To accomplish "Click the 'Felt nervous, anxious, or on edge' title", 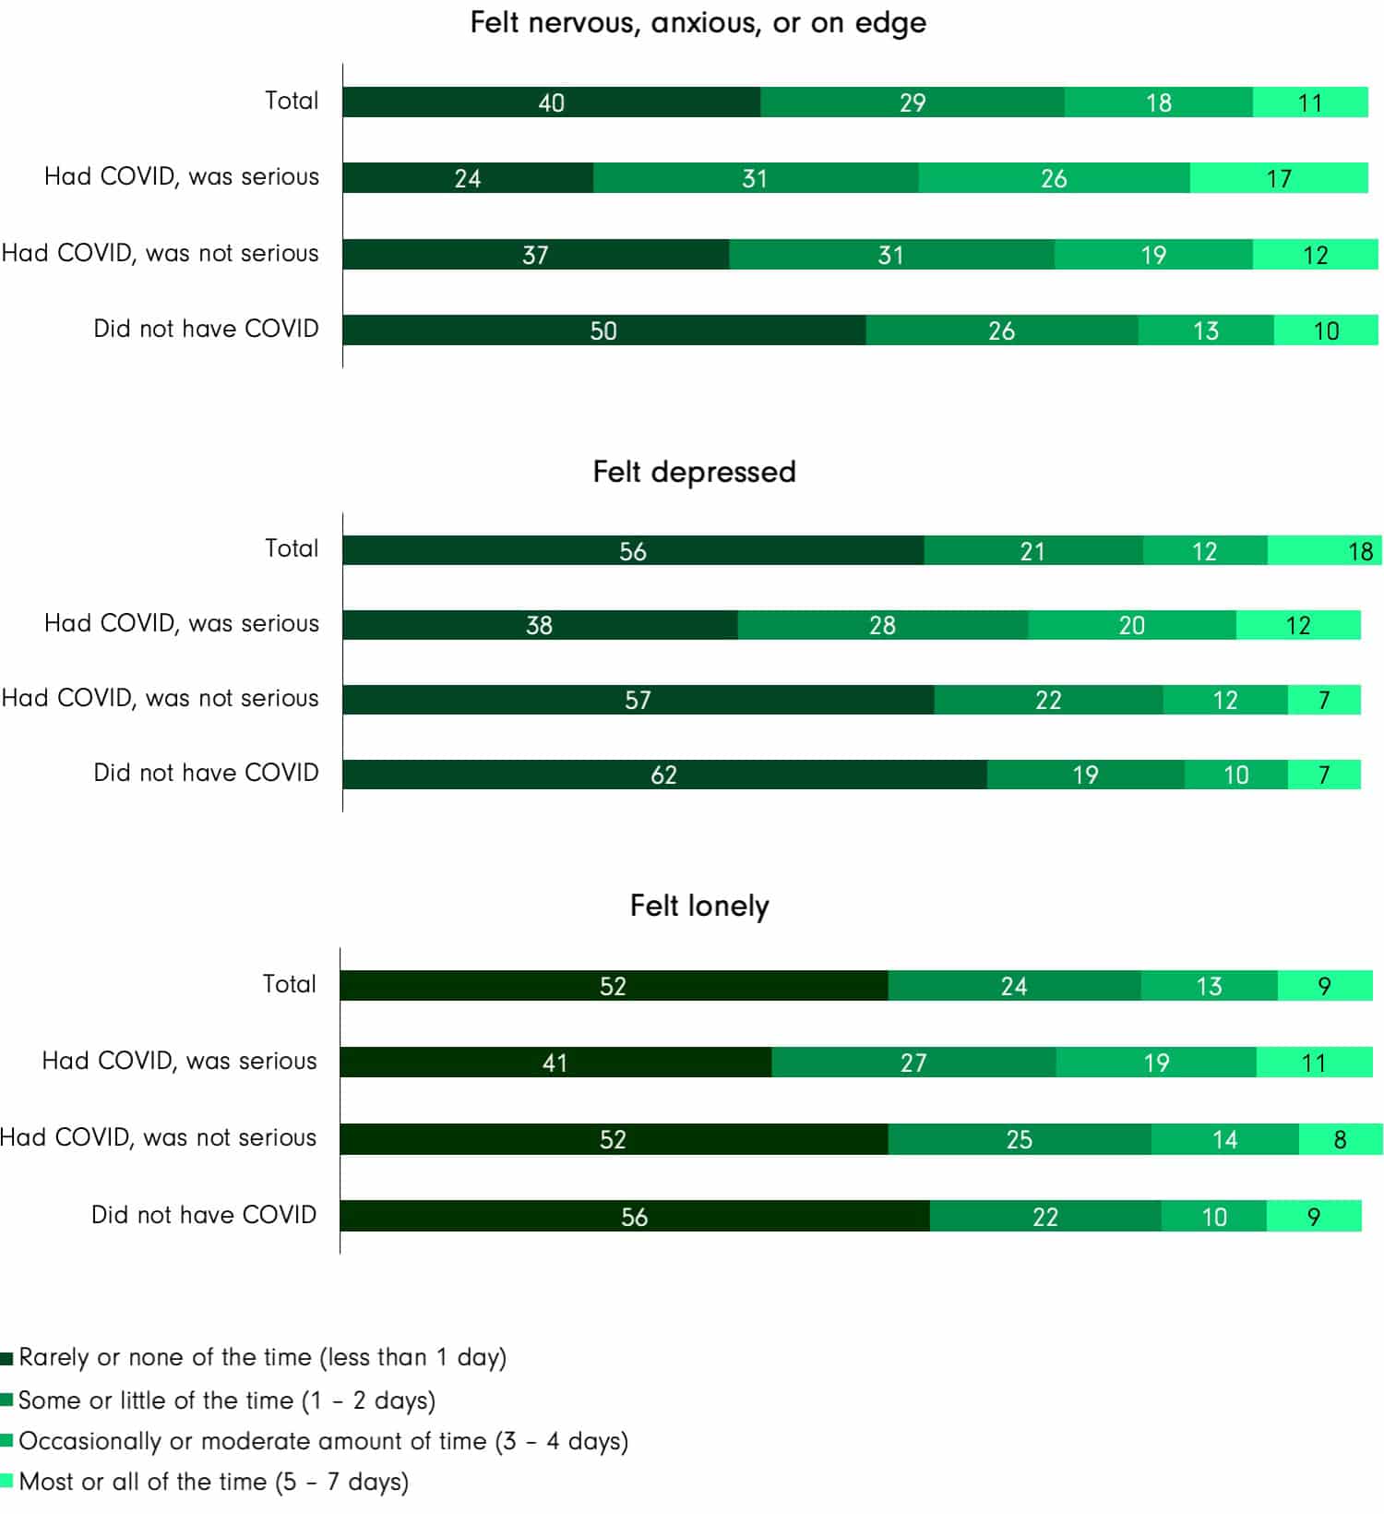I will point(698,22).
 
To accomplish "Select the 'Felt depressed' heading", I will point(694,472).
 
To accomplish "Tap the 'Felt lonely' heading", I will point(699,906).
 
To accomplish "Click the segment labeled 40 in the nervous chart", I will point(551,102).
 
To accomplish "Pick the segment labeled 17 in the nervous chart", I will point(1279,178).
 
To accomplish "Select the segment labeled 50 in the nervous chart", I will point(603,330).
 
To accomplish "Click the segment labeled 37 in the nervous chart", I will point(535,255).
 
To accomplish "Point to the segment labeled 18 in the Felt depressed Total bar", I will point(1325,551).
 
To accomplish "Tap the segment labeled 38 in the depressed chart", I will point(540,625).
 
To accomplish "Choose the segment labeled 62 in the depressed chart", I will point(664,775).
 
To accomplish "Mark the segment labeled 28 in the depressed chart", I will point(882,625).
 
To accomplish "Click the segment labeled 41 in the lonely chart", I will point(555,1063).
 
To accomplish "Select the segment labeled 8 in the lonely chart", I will point(1340,1139).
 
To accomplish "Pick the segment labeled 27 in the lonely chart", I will point(913,1063).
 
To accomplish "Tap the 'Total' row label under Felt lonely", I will point(289,984).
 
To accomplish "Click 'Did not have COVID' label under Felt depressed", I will point(206,773).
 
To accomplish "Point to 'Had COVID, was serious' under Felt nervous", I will point(182,176).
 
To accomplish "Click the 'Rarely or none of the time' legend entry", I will point(262,1357).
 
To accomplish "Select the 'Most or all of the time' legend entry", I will point(212,1482).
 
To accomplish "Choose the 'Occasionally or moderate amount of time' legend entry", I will point(323,1441).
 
